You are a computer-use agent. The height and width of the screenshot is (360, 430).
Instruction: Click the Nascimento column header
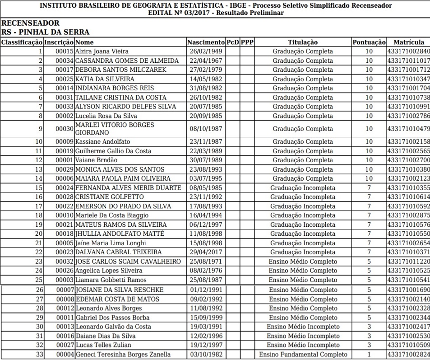pyautogui.click(x=206, y=42)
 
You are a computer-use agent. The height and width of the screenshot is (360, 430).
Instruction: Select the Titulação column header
pyautogui.click(x=303, y=42)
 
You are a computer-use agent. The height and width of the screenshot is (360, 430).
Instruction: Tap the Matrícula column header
pyautogui.click(x=408, y=42)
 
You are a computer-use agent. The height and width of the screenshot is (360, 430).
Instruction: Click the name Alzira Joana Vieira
pyautogui.click(x=102, y=51)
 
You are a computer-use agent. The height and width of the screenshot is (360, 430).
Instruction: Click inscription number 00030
pyautogui.click(x=65, y=129)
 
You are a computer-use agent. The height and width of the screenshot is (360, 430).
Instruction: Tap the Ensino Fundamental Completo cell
pyautogui.click(x=303, y=355)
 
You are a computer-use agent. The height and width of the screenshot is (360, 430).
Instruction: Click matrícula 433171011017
pyautogui.click(x=408, y=61)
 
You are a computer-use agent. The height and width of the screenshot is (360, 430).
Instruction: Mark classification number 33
pyautogui.click(x=40, y=355)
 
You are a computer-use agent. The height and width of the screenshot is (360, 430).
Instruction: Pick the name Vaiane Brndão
pyautogui.click(x=97, y=160)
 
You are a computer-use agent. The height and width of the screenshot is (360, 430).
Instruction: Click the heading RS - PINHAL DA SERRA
pyautogui.click(x=46, y=32)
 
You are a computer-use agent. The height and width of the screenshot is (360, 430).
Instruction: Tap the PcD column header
pyautogui.click(x=232, y=42)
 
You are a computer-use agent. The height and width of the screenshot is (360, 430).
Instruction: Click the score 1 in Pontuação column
pyautogui.click(x=369, y=355)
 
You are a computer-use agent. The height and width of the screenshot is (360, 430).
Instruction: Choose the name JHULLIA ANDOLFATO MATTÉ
pyautogui.click(x=120, y=234)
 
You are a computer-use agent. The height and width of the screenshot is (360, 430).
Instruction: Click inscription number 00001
pyautogui.click(x=65, y=160)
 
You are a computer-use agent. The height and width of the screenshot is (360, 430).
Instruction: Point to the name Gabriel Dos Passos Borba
pyautogui.click(x=112, y=318)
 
